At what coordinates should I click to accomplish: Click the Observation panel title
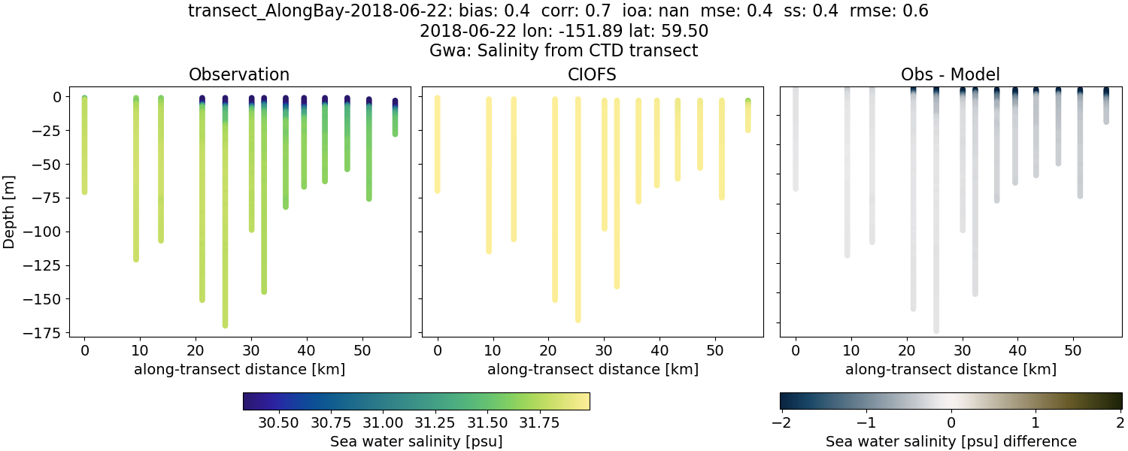(239, 74)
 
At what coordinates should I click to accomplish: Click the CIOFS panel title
(592, 74)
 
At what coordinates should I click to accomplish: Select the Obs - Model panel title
(951, 74)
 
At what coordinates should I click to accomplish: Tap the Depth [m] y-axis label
(10, 213)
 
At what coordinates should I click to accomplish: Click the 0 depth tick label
(56, 97)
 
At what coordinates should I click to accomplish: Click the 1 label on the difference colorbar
(1036, 422)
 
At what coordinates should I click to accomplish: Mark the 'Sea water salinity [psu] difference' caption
(951, 442)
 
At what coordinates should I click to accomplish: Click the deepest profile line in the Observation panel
(225, 225)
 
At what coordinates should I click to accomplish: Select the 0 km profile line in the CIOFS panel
(437, 143)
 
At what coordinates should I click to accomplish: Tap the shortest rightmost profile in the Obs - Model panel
(1106, 109)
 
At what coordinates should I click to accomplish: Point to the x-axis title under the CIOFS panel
(592, 369)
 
